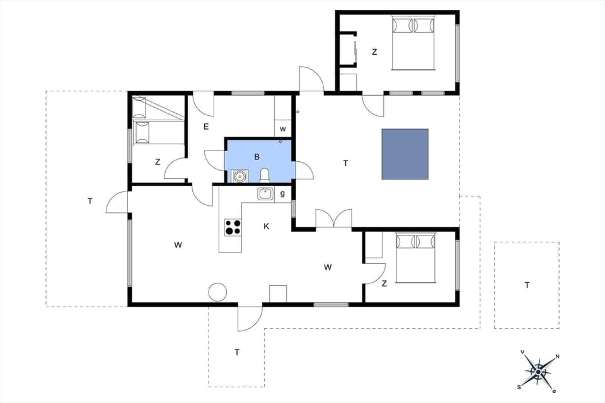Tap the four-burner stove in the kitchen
coord(233,227)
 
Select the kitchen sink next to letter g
coord(265,194)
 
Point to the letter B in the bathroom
coord(257,157)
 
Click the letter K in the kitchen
coord(266,226)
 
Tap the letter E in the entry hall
coord(206,127)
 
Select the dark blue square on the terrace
coord(405,154)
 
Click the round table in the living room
coord(217,292)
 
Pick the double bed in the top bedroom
coord(413,43)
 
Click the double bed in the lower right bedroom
coord(415,258)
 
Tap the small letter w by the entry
coord(283,129)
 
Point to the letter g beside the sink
coord(282,193)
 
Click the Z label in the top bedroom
coord(374,52)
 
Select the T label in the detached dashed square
coord(527,285)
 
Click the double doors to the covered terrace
coord(333,219)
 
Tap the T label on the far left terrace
coord(90,201)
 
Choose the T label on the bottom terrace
coord(237,352)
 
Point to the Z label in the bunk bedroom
coord(158,162)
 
